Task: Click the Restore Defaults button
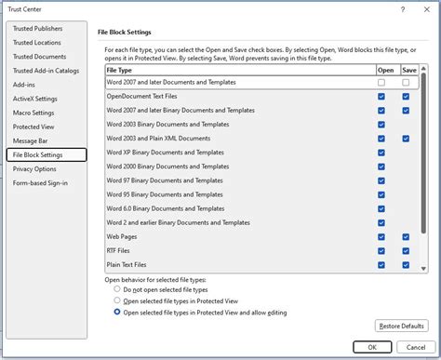[402, 326]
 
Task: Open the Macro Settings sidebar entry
[35, 112]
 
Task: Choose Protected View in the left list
[33, 126]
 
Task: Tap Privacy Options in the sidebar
[35, 168]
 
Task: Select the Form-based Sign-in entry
[39, 182]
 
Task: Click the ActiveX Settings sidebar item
[35, 98]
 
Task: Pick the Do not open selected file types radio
[117, 289]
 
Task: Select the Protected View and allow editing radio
[117, 313]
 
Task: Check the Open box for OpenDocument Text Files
[381, 96]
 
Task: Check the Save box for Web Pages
[406, 237]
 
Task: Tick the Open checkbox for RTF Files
[381, 251]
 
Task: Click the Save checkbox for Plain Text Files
[406, 265]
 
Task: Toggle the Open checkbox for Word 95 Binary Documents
[381, 194]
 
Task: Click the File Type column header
[119, 69]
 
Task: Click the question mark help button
[402, 8]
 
